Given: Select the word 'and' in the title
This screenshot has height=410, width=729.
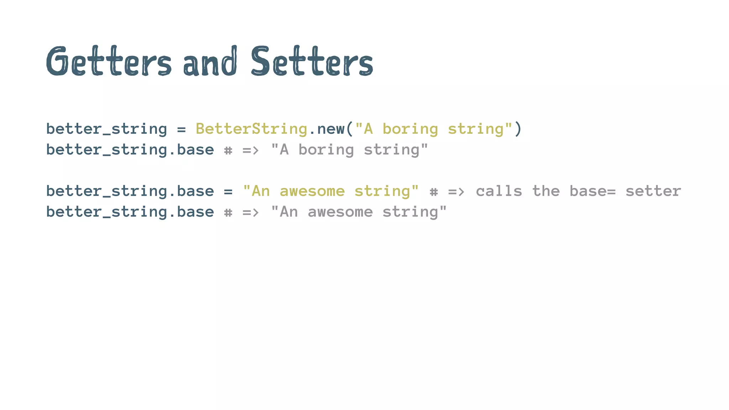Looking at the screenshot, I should [210, 62].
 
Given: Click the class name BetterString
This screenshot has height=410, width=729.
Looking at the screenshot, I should [251, 129].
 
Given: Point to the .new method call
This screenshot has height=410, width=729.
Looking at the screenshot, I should [326, 129].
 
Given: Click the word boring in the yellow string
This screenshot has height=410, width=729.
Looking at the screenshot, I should [410, 129].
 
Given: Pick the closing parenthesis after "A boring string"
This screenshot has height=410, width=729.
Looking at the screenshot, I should [518, 129].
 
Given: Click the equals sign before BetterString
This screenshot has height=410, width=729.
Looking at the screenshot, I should [181, 129].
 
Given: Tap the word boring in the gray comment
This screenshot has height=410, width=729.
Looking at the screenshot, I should [326, 150].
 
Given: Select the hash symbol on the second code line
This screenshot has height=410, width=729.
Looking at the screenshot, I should [228, 151].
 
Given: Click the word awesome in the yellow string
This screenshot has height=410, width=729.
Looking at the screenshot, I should [312, 191].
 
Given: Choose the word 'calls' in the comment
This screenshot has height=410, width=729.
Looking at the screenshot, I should [499, 191].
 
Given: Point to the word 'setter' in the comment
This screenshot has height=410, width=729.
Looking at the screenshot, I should [653, 191].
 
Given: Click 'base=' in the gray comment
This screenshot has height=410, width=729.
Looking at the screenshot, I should [592, 191].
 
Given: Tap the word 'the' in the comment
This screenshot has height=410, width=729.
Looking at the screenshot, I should [546, 191].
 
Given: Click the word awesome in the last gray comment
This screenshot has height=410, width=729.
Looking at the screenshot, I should [340, 212].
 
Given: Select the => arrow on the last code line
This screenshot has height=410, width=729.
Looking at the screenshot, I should [251, 212].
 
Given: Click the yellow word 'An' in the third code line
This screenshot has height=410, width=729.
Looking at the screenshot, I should [261, 191].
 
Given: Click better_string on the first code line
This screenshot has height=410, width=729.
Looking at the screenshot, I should [106, 129].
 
